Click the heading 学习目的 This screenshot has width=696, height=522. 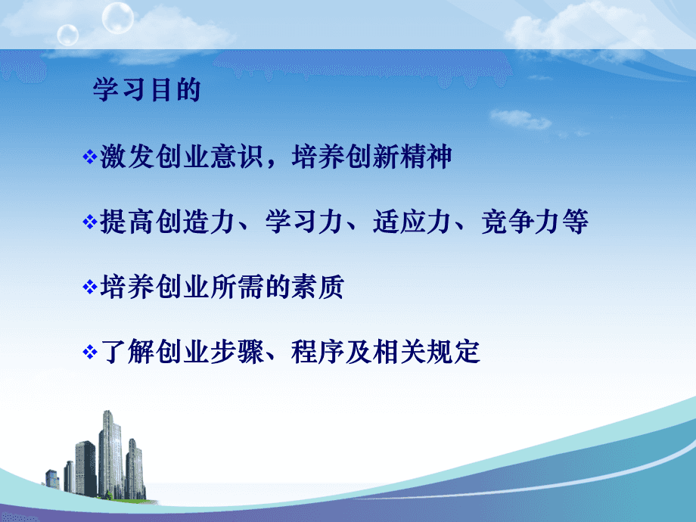click(x=147, y=90)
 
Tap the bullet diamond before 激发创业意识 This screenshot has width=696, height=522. click(x=90, y=157)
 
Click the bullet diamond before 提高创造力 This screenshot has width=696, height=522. click(x=90, y=222)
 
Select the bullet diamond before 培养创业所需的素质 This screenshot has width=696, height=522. click(x=90, y=287)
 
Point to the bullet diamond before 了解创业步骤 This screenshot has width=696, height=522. click(x=90, y=352)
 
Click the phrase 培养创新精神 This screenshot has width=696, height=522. click(x=371, y=157)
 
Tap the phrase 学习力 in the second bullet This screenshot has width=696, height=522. click(x=304, y=222)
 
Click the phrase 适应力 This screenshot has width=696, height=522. click(x=412, y=222)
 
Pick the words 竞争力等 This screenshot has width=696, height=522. click(x=535, y=222)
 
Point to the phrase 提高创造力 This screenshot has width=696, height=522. click(x=167, y=222)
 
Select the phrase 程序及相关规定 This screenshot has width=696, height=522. click(x=385, y=352)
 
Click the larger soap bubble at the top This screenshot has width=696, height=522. click(x=117, y=17)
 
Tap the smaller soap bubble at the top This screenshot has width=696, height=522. click(x=68, y=35)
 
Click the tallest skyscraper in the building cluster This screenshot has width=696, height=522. click(x=110, y=454)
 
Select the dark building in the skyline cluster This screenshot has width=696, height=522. click(x=85, y=468)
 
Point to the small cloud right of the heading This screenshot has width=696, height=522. click(x=520, y=119)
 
